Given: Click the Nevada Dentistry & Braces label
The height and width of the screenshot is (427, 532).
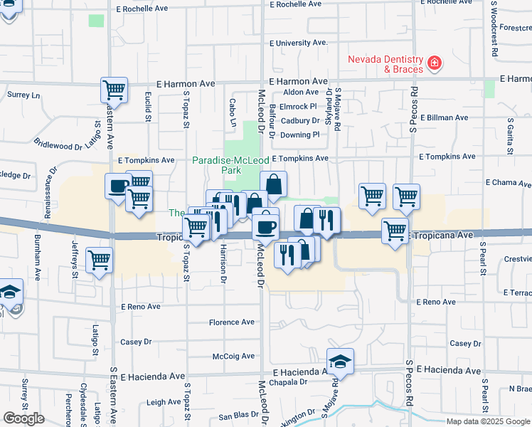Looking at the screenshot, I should tap(385, 64).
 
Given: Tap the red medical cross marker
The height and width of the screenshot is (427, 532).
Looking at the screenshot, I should tap(433, 65).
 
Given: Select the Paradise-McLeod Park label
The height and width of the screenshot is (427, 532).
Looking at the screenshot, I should tap(226, 166).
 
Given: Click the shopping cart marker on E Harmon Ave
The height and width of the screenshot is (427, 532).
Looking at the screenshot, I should tap(114, 90).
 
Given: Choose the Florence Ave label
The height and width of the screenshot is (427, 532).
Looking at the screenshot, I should tap(231, 322).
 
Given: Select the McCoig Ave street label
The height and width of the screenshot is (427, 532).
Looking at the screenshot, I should tap(233, 356).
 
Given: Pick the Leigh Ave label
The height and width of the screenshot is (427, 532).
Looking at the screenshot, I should tap(164, 402).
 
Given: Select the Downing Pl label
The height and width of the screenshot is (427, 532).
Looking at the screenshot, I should tap(299, 135).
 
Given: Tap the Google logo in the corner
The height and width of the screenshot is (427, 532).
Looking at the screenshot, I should tap(23, 418).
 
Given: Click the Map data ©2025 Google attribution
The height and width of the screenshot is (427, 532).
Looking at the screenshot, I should tap(488, 421).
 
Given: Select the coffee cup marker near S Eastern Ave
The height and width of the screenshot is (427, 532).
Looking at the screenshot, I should tap(117, 187).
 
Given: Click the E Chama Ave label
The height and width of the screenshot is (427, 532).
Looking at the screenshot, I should tap(508, 183).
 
